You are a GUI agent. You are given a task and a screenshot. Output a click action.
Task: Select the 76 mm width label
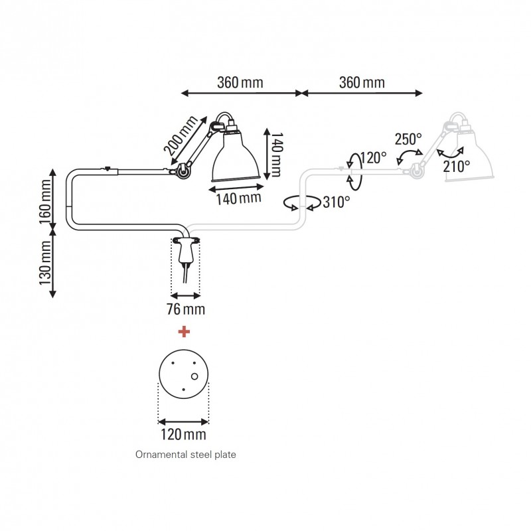[185, 309]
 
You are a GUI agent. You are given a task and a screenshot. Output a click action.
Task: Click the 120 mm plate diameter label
[183, 435]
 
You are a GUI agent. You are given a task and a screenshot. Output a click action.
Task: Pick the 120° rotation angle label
[374, 158]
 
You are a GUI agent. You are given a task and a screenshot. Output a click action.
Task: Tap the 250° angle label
[408, 139]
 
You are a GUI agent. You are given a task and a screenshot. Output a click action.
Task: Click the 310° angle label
[336, 202]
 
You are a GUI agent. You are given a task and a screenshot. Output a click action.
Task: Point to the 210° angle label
[456, 166]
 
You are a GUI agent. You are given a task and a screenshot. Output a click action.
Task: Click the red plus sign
[184, 331]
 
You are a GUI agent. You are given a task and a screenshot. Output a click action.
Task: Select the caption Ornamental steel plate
[185, 455]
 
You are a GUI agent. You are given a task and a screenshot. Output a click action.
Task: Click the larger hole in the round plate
[194, 376]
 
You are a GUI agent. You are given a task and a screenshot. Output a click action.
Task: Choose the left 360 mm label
[240, 83]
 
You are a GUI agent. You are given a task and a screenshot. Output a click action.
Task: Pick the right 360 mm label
[362, 83]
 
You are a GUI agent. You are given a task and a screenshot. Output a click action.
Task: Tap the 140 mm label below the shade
[237, 198]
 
